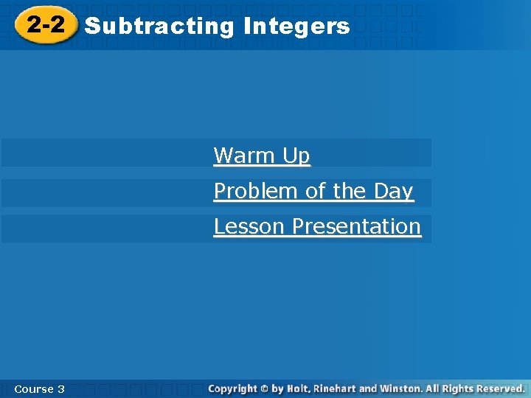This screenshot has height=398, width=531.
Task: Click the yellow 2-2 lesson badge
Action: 46,26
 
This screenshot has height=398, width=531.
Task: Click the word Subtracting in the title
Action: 159,27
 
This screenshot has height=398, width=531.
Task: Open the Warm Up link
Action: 262,156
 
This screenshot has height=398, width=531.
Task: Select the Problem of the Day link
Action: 313,191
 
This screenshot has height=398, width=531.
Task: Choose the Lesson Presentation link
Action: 317,226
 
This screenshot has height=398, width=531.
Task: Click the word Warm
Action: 243,156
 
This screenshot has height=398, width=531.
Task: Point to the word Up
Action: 296,156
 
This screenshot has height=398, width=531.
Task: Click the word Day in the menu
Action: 393,191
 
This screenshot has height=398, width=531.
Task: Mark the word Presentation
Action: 356,226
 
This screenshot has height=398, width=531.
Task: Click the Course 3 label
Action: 39,388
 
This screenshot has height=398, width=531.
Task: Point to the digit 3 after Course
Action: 60,388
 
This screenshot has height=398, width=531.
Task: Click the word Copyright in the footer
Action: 232,388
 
